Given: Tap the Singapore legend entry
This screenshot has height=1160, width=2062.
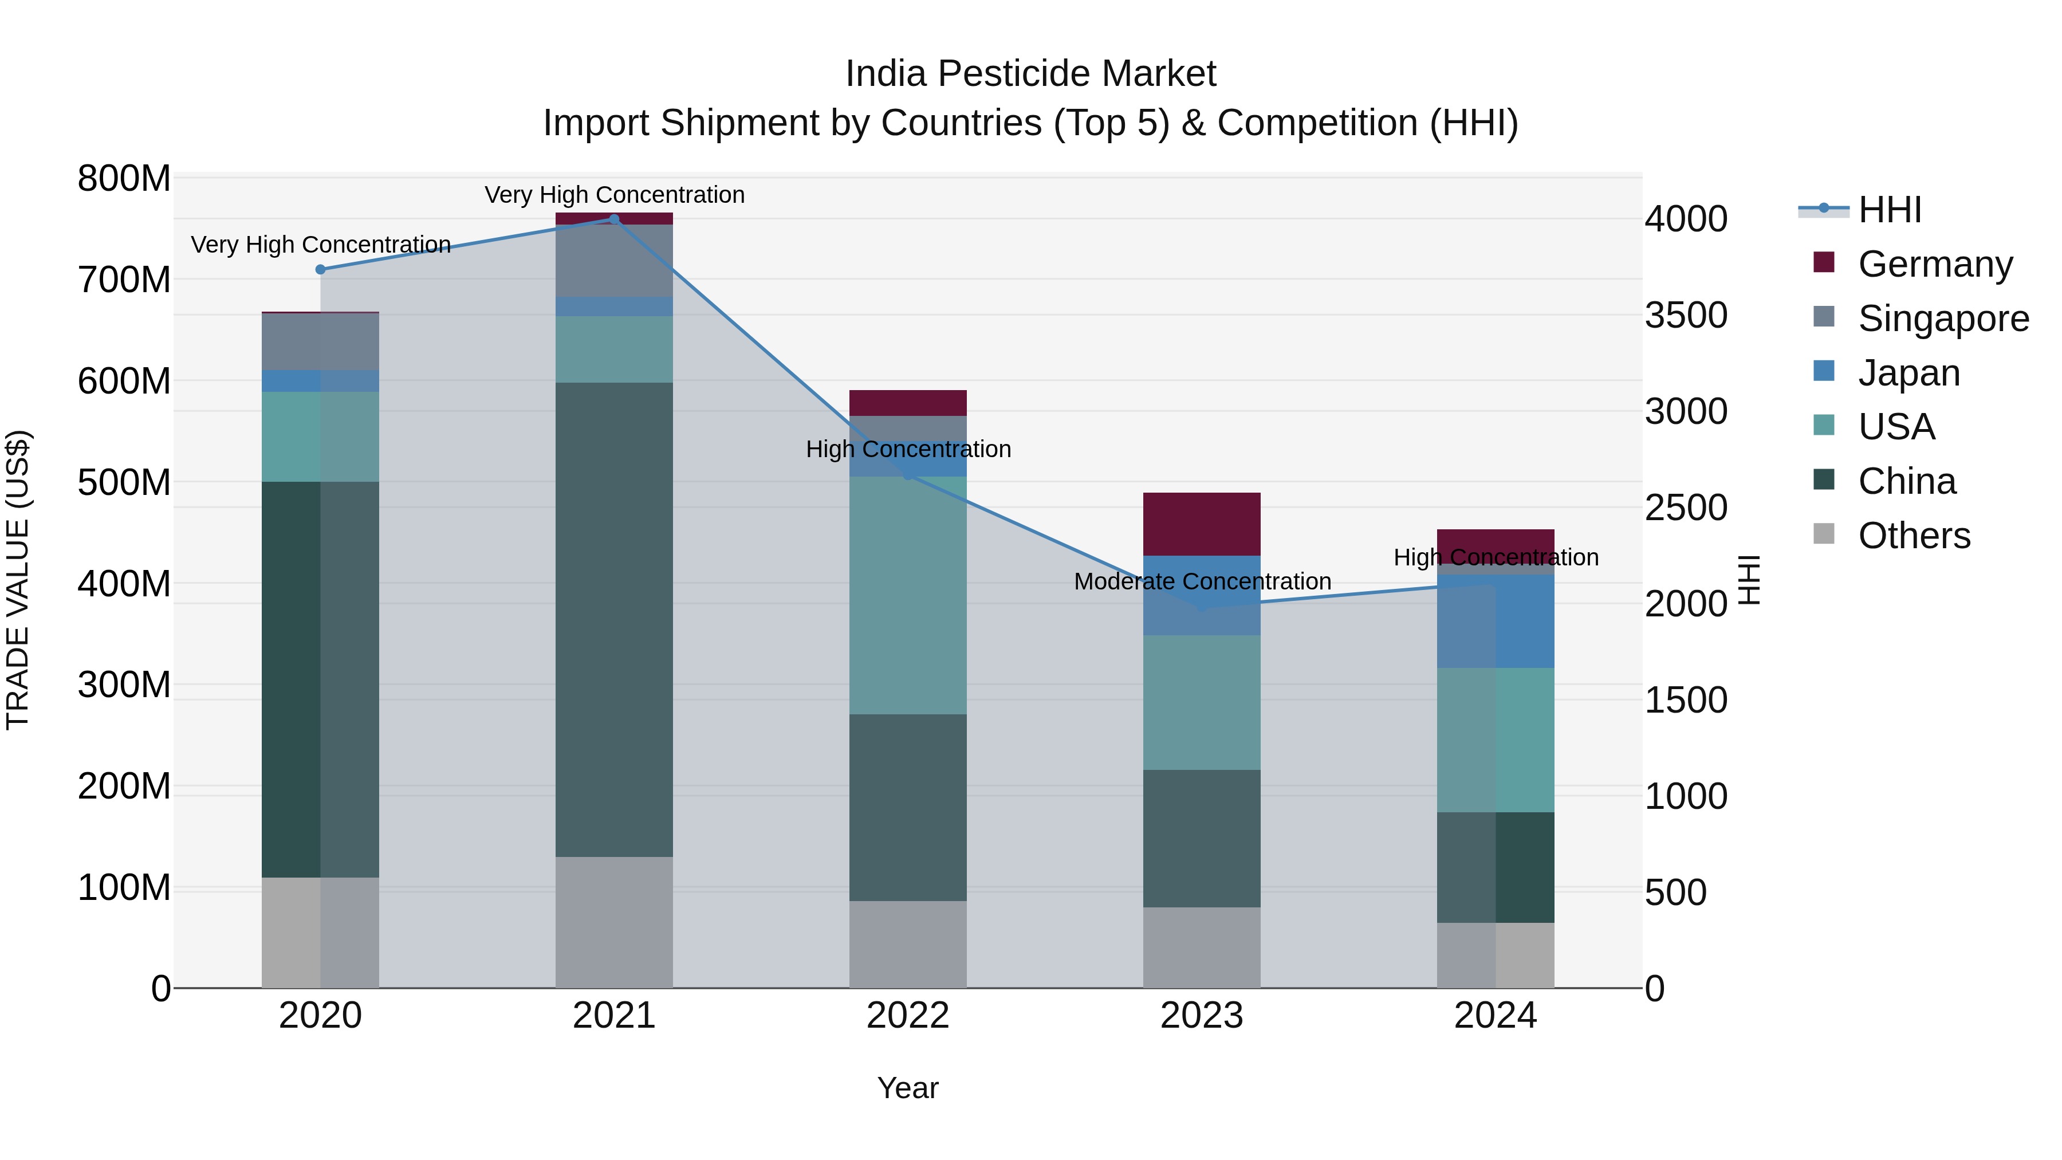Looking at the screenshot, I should pos(1943,318).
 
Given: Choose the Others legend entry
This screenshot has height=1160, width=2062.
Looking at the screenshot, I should pos(1914,536).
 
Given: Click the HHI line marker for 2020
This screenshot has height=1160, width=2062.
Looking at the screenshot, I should pos(320,270).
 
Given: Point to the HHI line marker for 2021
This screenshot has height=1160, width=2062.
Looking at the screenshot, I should pos(614,219).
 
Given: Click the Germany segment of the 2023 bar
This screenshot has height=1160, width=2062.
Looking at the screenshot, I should pos(1202,524).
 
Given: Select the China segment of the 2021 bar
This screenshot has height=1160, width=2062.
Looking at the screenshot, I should pos(614,620).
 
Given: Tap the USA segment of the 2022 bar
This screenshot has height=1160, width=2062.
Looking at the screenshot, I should pos(908,596).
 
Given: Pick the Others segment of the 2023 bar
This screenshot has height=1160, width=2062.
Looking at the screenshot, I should pos(1202,948).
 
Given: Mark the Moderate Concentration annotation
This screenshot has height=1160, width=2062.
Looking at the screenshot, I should pos(1202,582).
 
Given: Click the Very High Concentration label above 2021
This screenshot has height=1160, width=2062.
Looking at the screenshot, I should pos(614,195).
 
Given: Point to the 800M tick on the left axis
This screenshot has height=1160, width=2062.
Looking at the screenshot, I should pos(124,179).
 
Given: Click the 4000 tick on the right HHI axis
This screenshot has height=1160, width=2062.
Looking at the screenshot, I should pos(1686,219).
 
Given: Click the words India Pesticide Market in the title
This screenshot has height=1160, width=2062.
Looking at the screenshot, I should pos(1030,74).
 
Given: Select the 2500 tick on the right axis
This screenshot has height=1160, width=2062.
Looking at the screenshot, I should pos(1686,508).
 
